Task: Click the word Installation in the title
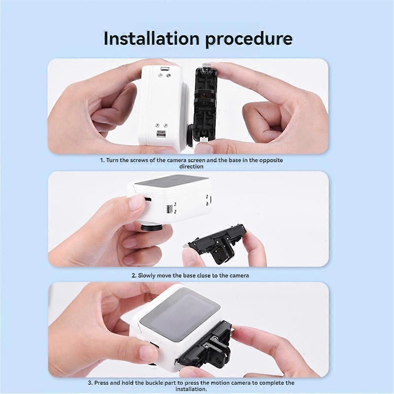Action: pyautogui.click(x=151, y=38)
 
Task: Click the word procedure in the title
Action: pyautogui.click(x=249, y=38)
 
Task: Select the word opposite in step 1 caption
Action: pyautogui.click(x=271, y=160)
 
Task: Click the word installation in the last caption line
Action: pyautogui.click(x=191, y=389)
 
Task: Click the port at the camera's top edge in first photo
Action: pyautogui.click(x=164, y=69)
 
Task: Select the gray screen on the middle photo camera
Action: pyautogui.click(x=171, y=183)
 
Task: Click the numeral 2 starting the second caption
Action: pyautogui.click(x=134, y=275)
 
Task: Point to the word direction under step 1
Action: pyautogui.click(x=191, y=166)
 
